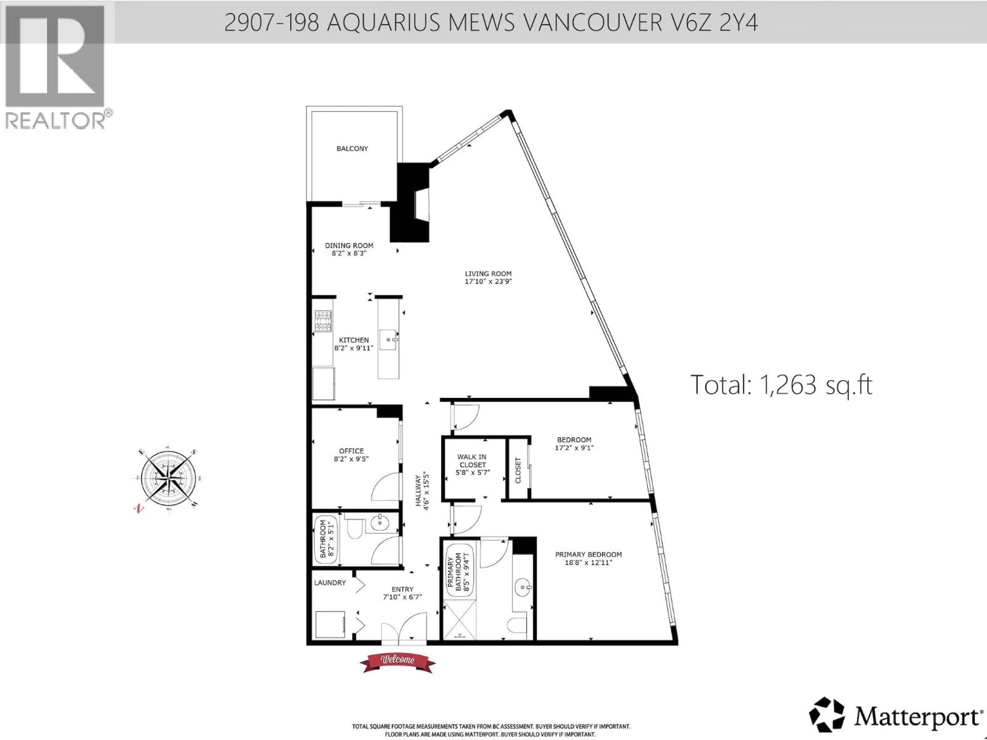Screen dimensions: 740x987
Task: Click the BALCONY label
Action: click(x=352, y=149)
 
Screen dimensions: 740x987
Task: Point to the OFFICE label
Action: click(x=351, y=451)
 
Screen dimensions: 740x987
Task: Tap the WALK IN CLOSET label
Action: click(x=472, y=461)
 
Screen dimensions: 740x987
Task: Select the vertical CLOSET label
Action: click(x=518, y=470)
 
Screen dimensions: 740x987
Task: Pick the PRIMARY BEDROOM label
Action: click(x=588, y=554)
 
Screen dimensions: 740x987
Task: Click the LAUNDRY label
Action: click(x=330, y=582)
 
